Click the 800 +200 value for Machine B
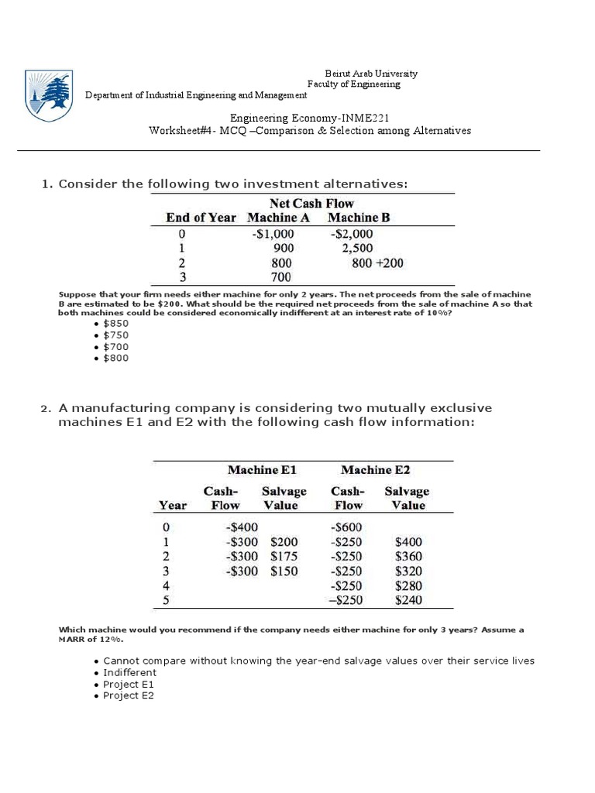coord(377,263)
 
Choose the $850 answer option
coord(116,324)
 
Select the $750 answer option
coord(116,335)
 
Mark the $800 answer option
coord(116,359)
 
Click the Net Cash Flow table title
coord(312,204)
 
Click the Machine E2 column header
coord(376,470)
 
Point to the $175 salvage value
coord(284,556)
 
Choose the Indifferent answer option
coord(129,673)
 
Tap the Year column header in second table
coord(172,506)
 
